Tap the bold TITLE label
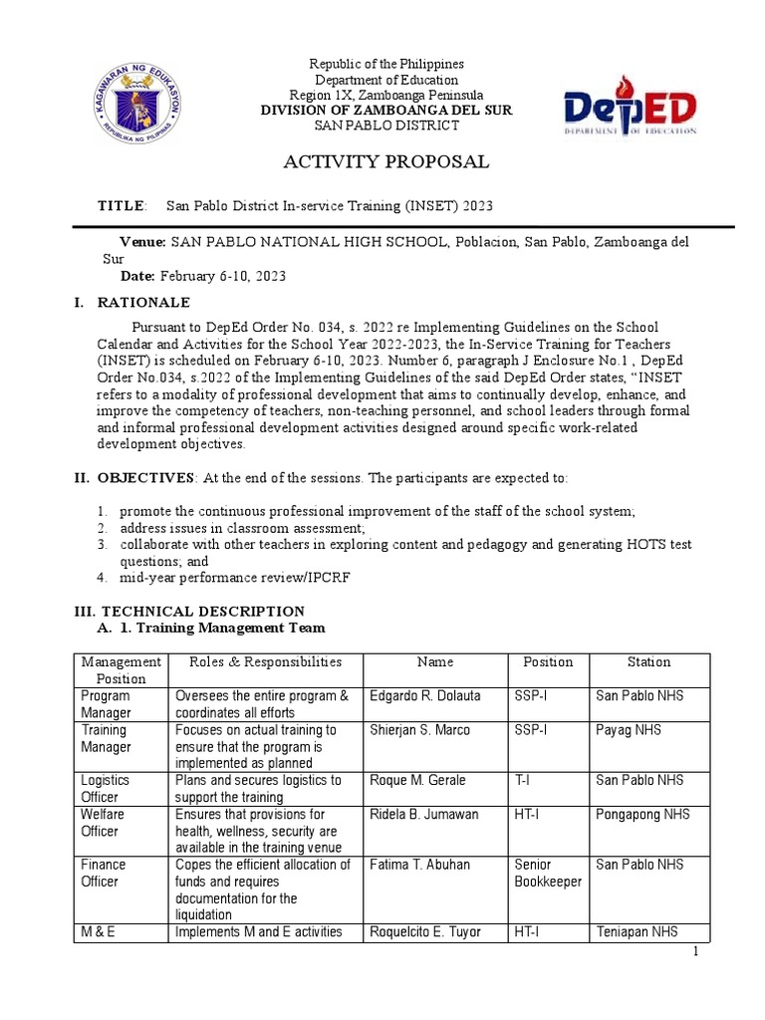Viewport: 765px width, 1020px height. (x=121, y=205)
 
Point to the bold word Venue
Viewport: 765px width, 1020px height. (x=142, y=242)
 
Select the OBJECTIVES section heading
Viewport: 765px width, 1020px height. (x=145, y=478)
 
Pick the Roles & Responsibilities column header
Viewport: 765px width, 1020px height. (x=257, y=661)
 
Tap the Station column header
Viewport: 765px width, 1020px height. (x=648, y=661)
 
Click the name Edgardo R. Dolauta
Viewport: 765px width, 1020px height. (x=424, y=695)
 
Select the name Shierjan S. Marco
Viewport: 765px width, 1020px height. (x=420, y=730)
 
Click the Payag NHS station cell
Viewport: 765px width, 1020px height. (x=630, y=730)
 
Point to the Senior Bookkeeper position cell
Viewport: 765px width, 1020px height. (x=547, y=873)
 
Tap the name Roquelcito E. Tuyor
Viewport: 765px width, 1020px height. (x=424, y=931)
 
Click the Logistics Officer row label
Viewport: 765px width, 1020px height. (x=106, y=788)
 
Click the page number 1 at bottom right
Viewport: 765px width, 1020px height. (x=697, y=953)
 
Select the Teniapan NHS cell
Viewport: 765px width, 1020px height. (x=637, y=931)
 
